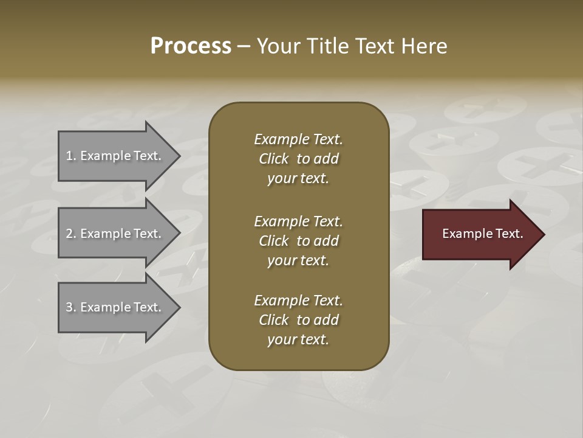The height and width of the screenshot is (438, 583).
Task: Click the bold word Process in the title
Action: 191,46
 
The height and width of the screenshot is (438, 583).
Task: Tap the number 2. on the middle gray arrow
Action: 70,234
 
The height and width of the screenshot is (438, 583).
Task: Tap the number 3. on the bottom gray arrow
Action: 70,307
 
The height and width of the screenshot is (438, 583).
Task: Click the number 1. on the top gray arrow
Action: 70,156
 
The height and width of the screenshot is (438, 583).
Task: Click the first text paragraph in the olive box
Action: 298,159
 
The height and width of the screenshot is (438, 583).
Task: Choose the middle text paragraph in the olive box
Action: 298,240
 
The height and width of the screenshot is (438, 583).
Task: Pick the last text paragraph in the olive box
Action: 298,320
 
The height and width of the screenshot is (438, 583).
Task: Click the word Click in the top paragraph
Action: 274,159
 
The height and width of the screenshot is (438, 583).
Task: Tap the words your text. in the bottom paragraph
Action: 298,340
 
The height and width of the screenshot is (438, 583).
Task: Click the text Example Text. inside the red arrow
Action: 482,234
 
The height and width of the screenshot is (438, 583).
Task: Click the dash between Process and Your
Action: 244,46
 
